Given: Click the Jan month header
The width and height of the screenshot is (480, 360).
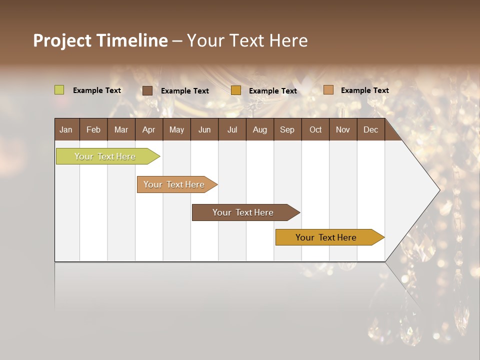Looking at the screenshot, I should coord(66,129).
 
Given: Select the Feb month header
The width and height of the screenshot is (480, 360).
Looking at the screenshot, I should coord(93,129).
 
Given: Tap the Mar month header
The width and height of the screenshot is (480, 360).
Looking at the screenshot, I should coord(121,129).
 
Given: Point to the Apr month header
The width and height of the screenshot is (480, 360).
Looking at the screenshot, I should coord(148,129).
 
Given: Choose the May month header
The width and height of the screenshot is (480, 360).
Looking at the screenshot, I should coord(176,129).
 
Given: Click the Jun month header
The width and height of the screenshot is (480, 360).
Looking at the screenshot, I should coord(204,129).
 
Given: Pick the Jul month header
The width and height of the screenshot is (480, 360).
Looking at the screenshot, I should coord(232,129).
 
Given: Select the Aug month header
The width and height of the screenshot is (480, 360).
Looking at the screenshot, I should coord(259,129).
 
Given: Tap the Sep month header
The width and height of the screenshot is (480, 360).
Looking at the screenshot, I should coord(287,129).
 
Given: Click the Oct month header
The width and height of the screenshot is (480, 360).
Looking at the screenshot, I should coord(315,129).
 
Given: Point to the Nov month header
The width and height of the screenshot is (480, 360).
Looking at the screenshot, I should coord(343,129).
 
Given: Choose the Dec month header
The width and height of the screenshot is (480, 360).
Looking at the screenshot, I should coord(370,129).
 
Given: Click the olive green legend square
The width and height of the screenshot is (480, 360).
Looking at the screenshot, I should coord(59,90).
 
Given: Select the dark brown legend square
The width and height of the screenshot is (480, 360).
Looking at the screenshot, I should coord(147,90).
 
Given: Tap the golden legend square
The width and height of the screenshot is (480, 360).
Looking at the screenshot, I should coord(236,90).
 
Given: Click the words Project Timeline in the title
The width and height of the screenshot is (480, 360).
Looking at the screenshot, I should coord(100,40).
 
